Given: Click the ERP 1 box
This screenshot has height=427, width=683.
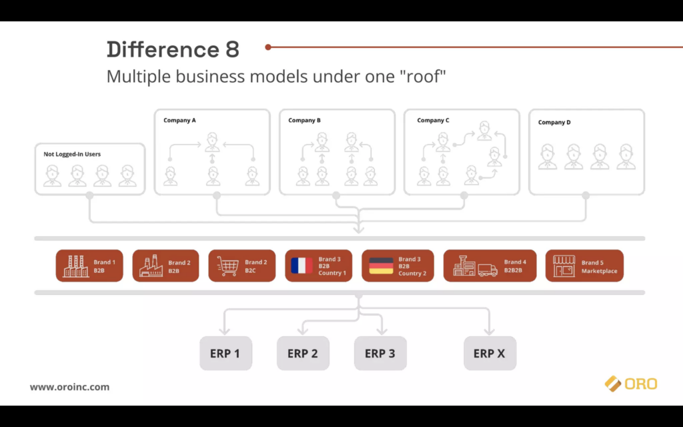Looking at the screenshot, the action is tap(225, 353).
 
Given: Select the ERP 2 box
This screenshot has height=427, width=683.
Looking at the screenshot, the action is tap(303, 353).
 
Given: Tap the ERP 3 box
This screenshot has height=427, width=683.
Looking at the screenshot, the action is tap(380, 353).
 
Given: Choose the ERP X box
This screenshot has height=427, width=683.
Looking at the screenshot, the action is tap(490, 353).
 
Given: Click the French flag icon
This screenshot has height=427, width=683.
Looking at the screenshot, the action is tap(301, 266).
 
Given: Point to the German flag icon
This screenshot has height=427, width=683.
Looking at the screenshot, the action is tap(381, 266).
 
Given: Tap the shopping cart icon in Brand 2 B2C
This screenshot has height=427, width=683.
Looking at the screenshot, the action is tap(228, 266).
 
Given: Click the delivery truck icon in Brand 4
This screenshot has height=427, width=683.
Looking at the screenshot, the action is tap(488, 270).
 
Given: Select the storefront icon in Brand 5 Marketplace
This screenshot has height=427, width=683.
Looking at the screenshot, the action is tap(564, 266).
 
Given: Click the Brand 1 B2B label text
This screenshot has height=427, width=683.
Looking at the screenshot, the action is tap(105, 266).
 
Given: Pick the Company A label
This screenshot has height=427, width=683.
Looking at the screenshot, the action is tap(179, 120).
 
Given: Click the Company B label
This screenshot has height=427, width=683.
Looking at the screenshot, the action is tap(304, 120).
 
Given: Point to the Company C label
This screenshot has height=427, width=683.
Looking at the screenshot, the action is tap(433, 120).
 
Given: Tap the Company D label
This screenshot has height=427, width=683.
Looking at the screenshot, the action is tap(554, 123).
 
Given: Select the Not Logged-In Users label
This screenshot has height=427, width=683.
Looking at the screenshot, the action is tap(72, 154).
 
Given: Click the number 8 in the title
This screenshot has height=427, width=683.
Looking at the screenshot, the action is tap(233, 49).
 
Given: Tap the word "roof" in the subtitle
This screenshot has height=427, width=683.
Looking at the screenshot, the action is tap(422, 77).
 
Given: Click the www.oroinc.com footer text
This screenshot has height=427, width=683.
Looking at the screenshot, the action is tap(69, 387).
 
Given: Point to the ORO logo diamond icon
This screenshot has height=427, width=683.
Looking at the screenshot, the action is tap(613, 384).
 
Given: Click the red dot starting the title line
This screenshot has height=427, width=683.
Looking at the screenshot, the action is tap(268, 47).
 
